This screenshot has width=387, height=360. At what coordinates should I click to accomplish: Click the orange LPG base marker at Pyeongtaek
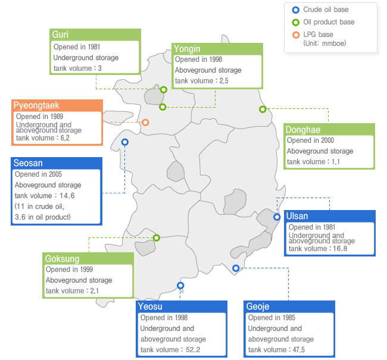point(145,122)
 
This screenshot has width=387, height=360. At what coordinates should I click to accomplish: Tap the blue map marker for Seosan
point(124,142)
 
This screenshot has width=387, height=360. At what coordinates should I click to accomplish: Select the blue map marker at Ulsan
point(277,217)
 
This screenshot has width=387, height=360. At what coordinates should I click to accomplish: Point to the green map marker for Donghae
point(263,109)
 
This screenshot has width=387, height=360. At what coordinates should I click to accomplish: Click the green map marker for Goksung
point(156,237)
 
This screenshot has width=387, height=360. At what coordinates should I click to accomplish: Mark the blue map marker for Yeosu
point(180,286)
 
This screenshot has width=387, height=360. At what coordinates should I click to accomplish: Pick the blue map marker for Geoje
point(236,268)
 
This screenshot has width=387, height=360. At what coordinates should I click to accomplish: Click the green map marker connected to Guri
point(163,90)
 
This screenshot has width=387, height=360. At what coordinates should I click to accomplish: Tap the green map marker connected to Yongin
point(163,107)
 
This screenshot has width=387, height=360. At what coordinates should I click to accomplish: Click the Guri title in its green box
point(60,35)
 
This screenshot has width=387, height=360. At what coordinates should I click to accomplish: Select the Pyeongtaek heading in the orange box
point(36,105)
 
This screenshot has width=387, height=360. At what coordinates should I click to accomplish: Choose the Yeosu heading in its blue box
point(150,306)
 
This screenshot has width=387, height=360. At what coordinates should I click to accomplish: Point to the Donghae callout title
point(303,130)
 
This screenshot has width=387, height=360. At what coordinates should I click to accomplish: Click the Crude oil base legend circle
point(296,10)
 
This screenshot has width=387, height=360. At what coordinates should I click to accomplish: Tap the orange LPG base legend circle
point(296,35)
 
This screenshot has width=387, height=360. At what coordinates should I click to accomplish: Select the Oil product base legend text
point(329,22)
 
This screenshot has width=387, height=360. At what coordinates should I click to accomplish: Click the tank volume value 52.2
point(193,350)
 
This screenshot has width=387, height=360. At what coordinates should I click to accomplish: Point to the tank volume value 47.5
point(299,350)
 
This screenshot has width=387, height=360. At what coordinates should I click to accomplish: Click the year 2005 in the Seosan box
point(55,174)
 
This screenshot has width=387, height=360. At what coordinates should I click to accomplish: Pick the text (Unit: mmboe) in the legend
point(324,43)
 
